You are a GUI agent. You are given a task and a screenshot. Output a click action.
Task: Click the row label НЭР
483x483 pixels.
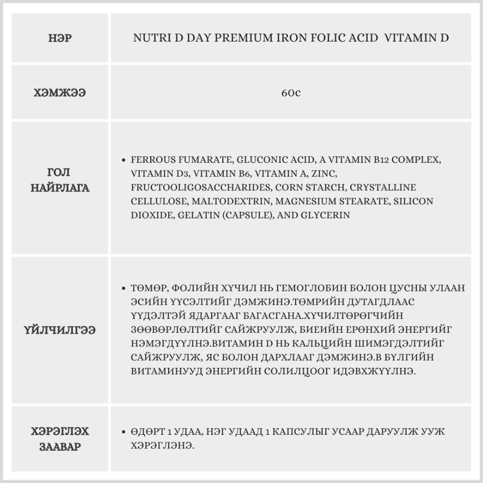point(60,38)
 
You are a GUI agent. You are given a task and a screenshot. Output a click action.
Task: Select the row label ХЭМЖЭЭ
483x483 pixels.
point(60,92)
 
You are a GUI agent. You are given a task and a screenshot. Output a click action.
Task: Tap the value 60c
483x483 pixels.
point(291,92)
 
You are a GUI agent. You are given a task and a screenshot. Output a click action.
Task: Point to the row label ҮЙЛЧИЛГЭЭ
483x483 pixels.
point(60,330)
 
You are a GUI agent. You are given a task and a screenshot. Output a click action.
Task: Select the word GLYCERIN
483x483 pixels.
point(327,215)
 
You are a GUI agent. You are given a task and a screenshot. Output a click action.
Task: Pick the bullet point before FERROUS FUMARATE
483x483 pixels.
point(125,159)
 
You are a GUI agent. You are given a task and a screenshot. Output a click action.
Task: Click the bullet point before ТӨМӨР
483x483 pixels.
point(125,288)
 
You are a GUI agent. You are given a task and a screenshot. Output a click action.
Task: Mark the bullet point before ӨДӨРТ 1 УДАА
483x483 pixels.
point(125,431)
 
